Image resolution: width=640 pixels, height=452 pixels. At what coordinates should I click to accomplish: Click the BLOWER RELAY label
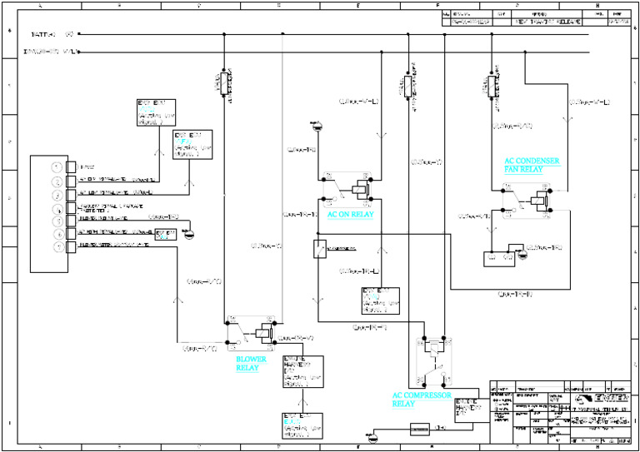click(x=251, y=364)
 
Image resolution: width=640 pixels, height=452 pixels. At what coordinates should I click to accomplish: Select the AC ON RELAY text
click(x=350, y=214)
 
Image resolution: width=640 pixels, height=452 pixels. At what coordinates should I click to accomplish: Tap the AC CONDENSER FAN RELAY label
click(x=532, y=164)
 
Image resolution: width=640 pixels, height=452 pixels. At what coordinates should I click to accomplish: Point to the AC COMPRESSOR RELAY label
click(x=422, y=400)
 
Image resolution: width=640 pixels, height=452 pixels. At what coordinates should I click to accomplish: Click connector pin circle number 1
click(x=57, y=166)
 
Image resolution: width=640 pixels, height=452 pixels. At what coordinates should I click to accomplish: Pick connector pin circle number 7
click(x=57, y=247)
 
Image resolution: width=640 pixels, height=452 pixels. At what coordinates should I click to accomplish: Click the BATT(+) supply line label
click(x=52, y=34)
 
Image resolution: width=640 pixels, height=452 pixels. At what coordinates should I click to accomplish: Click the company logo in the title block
click(x=595, y=399)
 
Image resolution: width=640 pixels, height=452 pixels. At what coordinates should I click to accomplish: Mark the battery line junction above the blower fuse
click(x=223, y=35)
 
